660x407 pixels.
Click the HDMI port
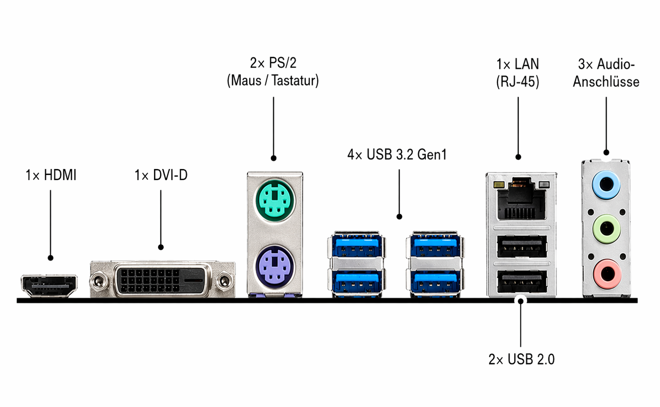[x=49, y=286]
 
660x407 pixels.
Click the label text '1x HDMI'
[x=51, y=175]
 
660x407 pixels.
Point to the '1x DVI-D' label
[x=161, y=175]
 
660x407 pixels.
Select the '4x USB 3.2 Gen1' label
[x=397, y=155]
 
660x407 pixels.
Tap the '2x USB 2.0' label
[x=521, y=360]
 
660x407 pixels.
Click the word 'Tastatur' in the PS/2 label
[x=294, y=81]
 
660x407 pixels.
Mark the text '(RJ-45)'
[x=518, y=82]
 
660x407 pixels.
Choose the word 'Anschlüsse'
[x=606, y=82]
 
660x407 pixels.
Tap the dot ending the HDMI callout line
[x=51, y=258]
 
